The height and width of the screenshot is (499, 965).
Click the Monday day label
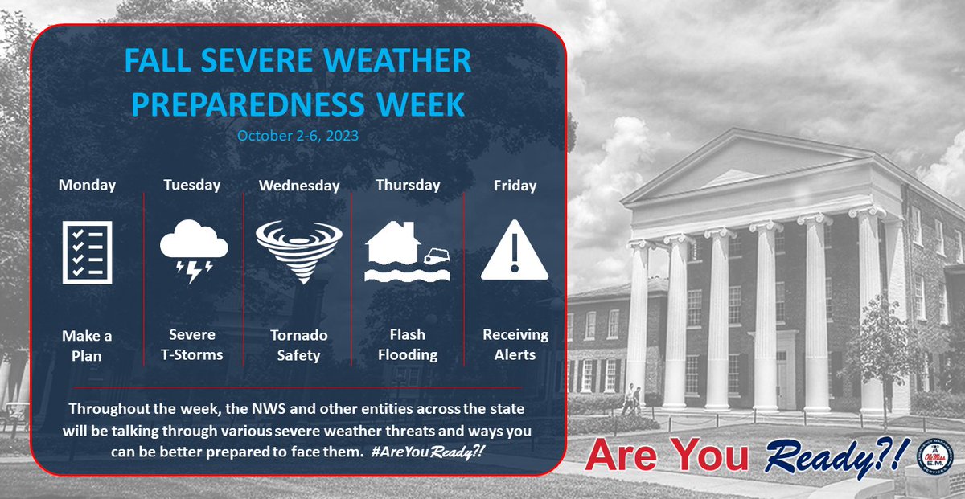87,185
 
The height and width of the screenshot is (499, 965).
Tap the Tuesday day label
192,185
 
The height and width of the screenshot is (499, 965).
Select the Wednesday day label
299,186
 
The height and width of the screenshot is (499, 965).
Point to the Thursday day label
408,185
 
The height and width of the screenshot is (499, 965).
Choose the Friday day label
515,186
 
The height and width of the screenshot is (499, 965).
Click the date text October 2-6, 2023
298,136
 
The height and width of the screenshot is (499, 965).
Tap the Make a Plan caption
87,345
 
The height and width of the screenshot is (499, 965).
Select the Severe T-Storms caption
192,345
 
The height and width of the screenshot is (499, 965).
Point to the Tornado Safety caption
299,345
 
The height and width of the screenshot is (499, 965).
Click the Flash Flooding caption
408,345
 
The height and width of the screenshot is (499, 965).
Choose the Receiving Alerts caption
515,345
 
